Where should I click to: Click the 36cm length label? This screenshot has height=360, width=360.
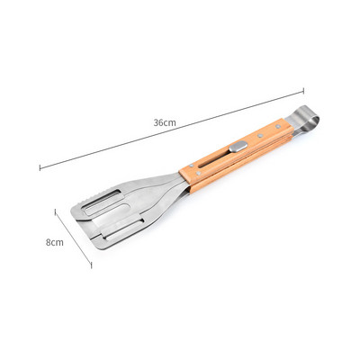pos(165,122)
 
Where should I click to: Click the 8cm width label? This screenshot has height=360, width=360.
pos(55,242)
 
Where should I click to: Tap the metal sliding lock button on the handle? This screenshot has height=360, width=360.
pos(238,147)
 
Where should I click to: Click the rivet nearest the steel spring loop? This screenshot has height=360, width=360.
pos(278,127)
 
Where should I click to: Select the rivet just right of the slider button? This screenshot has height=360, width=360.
pos(260,136)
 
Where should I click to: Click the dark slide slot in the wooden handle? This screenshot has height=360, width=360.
pos(214,159)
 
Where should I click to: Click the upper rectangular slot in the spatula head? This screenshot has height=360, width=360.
pos(103,202)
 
